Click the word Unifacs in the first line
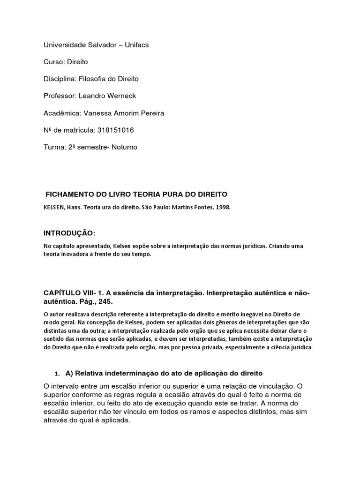pos(134,45)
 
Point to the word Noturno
pos(121,147)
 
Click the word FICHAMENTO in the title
pos(69,194)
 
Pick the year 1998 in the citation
pos(222,207)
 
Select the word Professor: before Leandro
pos(60,96)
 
